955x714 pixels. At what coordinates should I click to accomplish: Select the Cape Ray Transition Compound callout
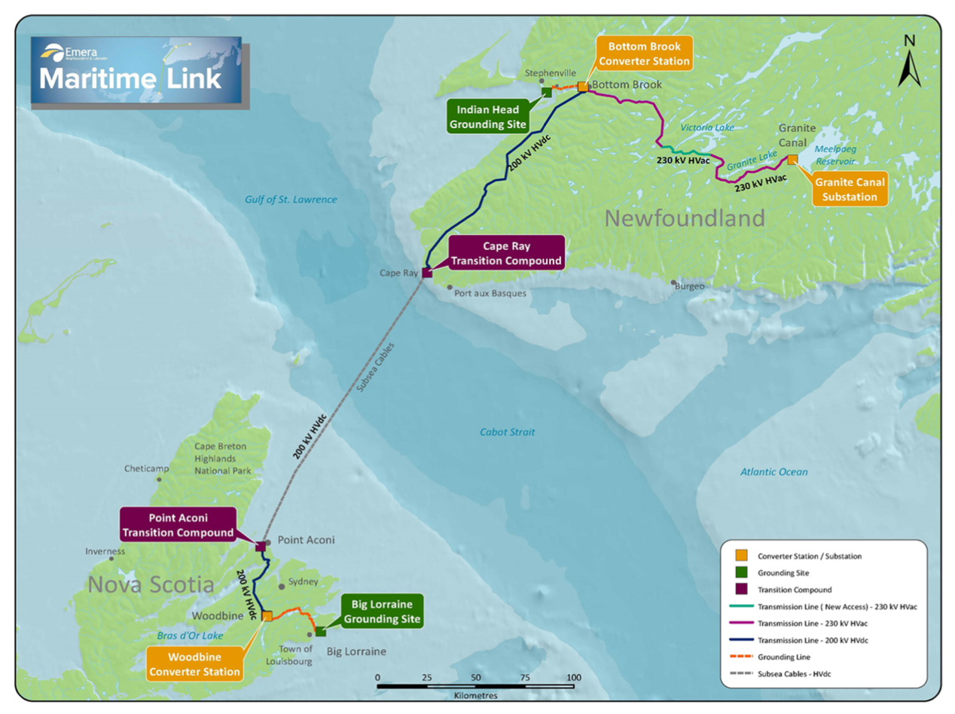coord(505,253)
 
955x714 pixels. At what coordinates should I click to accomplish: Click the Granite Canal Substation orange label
coord(849,189)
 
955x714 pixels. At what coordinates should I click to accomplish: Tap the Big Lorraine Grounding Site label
coord(382,611)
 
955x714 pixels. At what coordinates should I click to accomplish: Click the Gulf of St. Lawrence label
coord(291,200)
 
